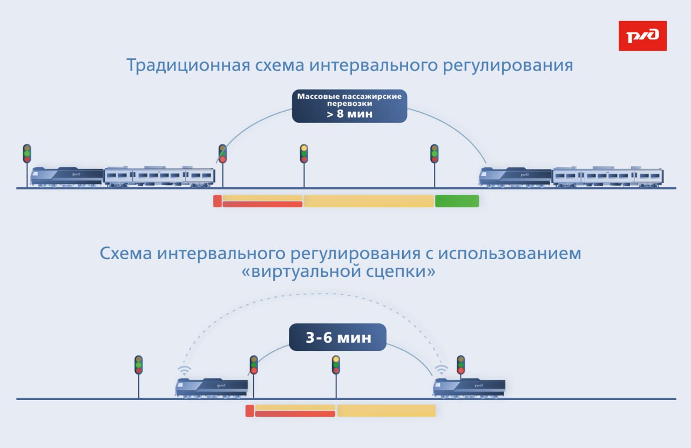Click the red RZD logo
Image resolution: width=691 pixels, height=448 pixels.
pyautogui.click(x=642, y=36)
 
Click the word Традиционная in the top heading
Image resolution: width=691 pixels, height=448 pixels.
pyautogui.click(x=187, y=66)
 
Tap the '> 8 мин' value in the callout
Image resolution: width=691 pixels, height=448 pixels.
pyautogui.click(x=349, y=114)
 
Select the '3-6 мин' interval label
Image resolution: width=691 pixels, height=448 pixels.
pyautogui.click(x=338, y=338)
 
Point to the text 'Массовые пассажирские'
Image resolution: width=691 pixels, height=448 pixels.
pyautogui.click(x=349, y=96)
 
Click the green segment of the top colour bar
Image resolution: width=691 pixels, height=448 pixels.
pyautogui.click(x=457, y=201)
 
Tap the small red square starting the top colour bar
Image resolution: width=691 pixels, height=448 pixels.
pyautogui.click(x=217, y=201)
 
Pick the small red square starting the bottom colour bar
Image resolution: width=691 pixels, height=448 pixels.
pyautogui.click(x=249, y=411)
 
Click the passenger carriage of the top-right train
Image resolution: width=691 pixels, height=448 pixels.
pyautogui.click(x=608, y=177)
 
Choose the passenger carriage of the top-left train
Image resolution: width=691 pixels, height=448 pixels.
pyautogui.click(x=159, y=177)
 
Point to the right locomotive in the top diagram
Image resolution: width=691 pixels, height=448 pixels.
pyautogui.click(x=516, y=177)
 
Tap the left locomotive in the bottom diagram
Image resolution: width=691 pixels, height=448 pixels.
pyautogui.click(x=212, y=388)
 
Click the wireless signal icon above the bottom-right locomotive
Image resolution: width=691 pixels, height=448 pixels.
pyautogui.click(x=442, y=370)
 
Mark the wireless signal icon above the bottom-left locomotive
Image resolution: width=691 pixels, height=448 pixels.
pyautogui.click(x=185, y=370)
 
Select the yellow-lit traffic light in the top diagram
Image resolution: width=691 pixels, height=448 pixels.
pyautogui.click(x=304, y=154)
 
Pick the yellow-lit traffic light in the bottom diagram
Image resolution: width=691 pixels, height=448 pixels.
pyautogui.click(x=336, y=365)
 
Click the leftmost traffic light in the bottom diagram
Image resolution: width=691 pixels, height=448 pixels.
pyautogui.click(x=139, y=365)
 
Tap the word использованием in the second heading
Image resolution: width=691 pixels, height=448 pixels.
pyautogui.click(x=510, y=254)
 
